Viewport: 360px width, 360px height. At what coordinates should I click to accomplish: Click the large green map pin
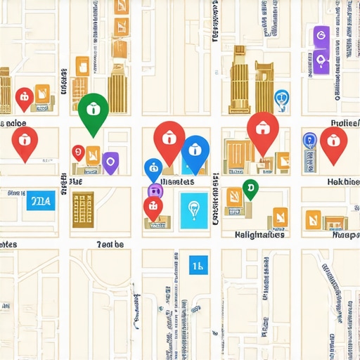pyautogui.click(x=92, y=110)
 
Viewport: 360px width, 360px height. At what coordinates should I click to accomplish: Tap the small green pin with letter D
pyautogui.click(x=250, y=187)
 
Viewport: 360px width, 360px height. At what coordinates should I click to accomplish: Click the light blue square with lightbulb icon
pyautogui.click(x=194, y=210)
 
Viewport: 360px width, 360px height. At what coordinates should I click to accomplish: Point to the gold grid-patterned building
pyautogui.click(x=83, y=208)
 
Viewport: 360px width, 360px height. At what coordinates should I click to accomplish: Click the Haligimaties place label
pyautogui.click(x=259, y=235)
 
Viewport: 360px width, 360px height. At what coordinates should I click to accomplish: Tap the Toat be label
pyautogui.click(x=110, y=244)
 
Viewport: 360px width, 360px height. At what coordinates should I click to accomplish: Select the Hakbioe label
pyautogui.click(x=343, y=181)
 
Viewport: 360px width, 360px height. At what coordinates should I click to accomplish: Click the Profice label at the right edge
pyautogui.click(x=345, y=123)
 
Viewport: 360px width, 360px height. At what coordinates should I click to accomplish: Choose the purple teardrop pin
pyautogui.click(x=110, y=162)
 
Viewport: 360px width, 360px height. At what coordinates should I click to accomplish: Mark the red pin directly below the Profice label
pyautogui.click(x=333, y=141)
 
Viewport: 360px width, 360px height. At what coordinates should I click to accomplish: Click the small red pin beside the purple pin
pyautogui.click(x=78, y=153)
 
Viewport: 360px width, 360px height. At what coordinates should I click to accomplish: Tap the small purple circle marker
pyautogui.click(x=154, y=190)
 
